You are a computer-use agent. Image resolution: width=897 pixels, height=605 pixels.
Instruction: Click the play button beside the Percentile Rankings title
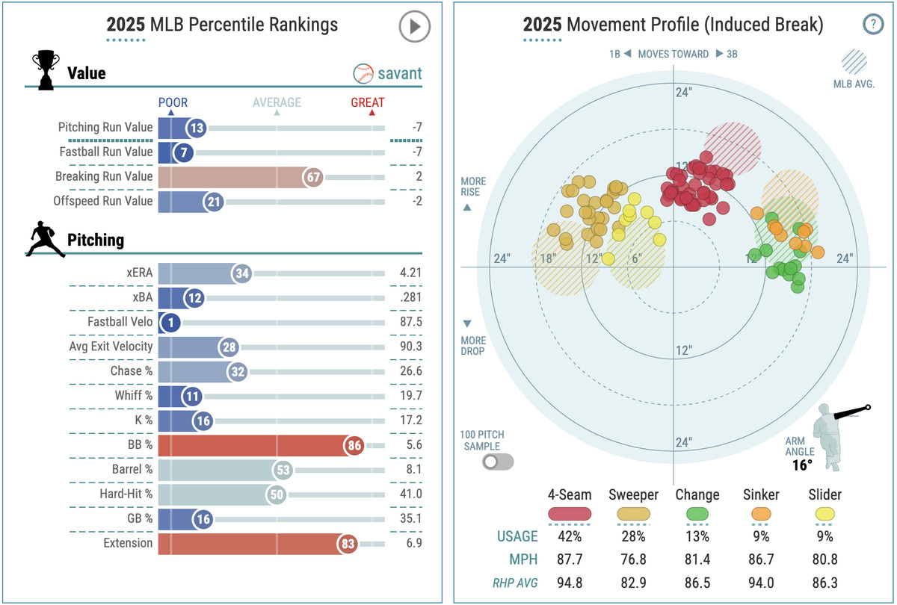point(414,27)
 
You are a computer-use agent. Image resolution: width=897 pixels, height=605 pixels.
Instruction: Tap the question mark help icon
point(872,25)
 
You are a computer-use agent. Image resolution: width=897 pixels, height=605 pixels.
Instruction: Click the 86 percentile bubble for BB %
point(354,447)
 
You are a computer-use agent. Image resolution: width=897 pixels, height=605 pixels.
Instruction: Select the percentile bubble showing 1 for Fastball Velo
point(169,323)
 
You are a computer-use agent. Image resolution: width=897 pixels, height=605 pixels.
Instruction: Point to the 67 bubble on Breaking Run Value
point(313,177)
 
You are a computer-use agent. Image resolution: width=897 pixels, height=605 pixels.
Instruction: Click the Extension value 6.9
point(411,543)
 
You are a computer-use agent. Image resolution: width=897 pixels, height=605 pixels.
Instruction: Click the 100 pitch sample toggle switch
point(498,462)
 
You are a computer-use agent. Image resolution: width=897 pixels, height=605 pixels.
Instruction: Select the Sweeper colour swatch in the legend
point(634,514)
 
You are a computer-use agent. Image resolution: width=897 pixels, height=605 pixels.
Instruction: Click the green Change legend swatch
point(697,514)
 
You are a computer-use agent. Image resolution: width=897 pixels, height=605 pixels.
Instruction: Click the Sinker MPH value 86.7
point(761,559)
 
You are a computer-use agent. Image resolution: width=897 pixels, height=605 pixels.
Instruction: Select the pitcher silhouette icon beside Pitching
point(45,239)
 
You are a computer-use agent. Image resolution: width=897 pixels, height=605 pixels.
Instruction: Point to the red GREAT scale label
point(368,102)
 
